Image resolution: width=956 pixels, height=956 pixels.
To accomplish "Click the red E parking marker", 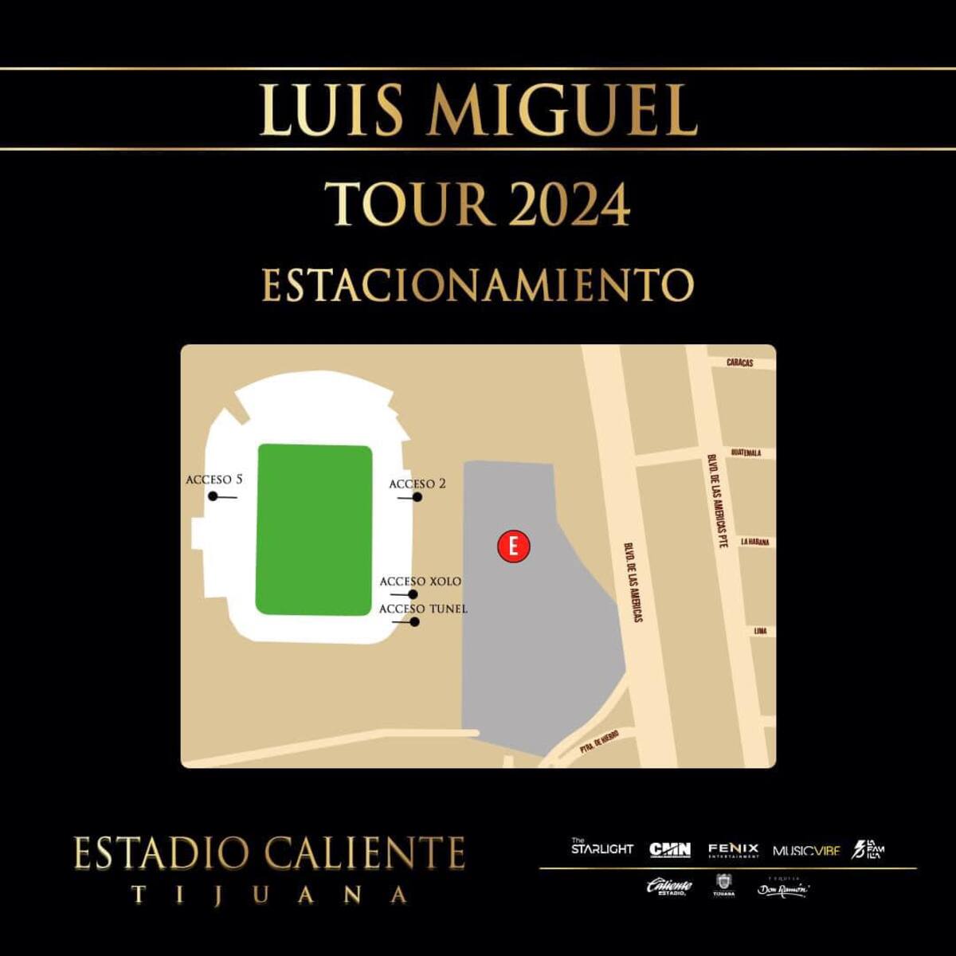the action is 513,547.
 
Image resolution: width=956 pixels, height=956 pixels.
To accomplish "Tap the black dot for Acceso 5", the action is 213,496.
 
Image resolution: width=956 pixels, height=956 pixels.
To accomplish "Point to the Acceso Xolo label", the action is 420,582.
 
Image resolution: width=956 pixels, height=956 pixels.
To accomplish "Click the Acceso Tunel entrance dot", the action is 415,621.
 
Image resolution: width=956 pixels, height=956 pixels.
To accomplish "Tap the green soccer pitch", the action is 314,530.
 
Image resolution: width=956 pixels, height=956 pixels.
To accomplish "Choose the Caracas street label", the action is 739,362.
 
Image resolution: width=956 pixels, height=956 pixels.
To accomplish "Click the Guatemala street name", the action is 746,453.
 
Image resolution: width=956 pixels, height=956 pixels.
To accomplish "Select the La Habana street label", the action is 754,542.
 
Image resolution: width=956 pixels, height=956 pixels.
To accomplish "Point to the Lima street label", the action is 760,631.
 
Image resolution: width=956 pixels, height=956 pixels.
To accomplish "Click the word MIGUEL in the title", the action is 562,110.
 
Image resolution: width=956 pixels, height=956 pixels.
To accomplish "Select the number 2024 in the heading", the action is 569,205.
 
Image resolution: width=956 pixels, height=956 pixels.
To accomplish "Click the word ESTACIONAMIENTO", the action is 478,284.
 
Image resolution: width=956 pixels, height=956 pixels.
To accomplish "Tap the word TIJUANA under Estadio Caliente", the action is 269,895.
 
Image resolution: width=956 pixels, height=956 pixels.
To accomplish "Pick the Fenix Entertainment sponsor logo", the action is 733,850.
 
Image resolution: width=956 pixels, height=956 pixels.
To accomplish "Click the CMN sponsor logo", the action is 670,850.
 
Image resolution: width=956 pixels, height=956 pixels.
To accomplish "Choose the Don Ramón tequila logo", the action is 782,889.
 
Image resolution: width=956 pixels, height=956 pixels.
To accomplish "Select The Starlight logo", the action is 601,847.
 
